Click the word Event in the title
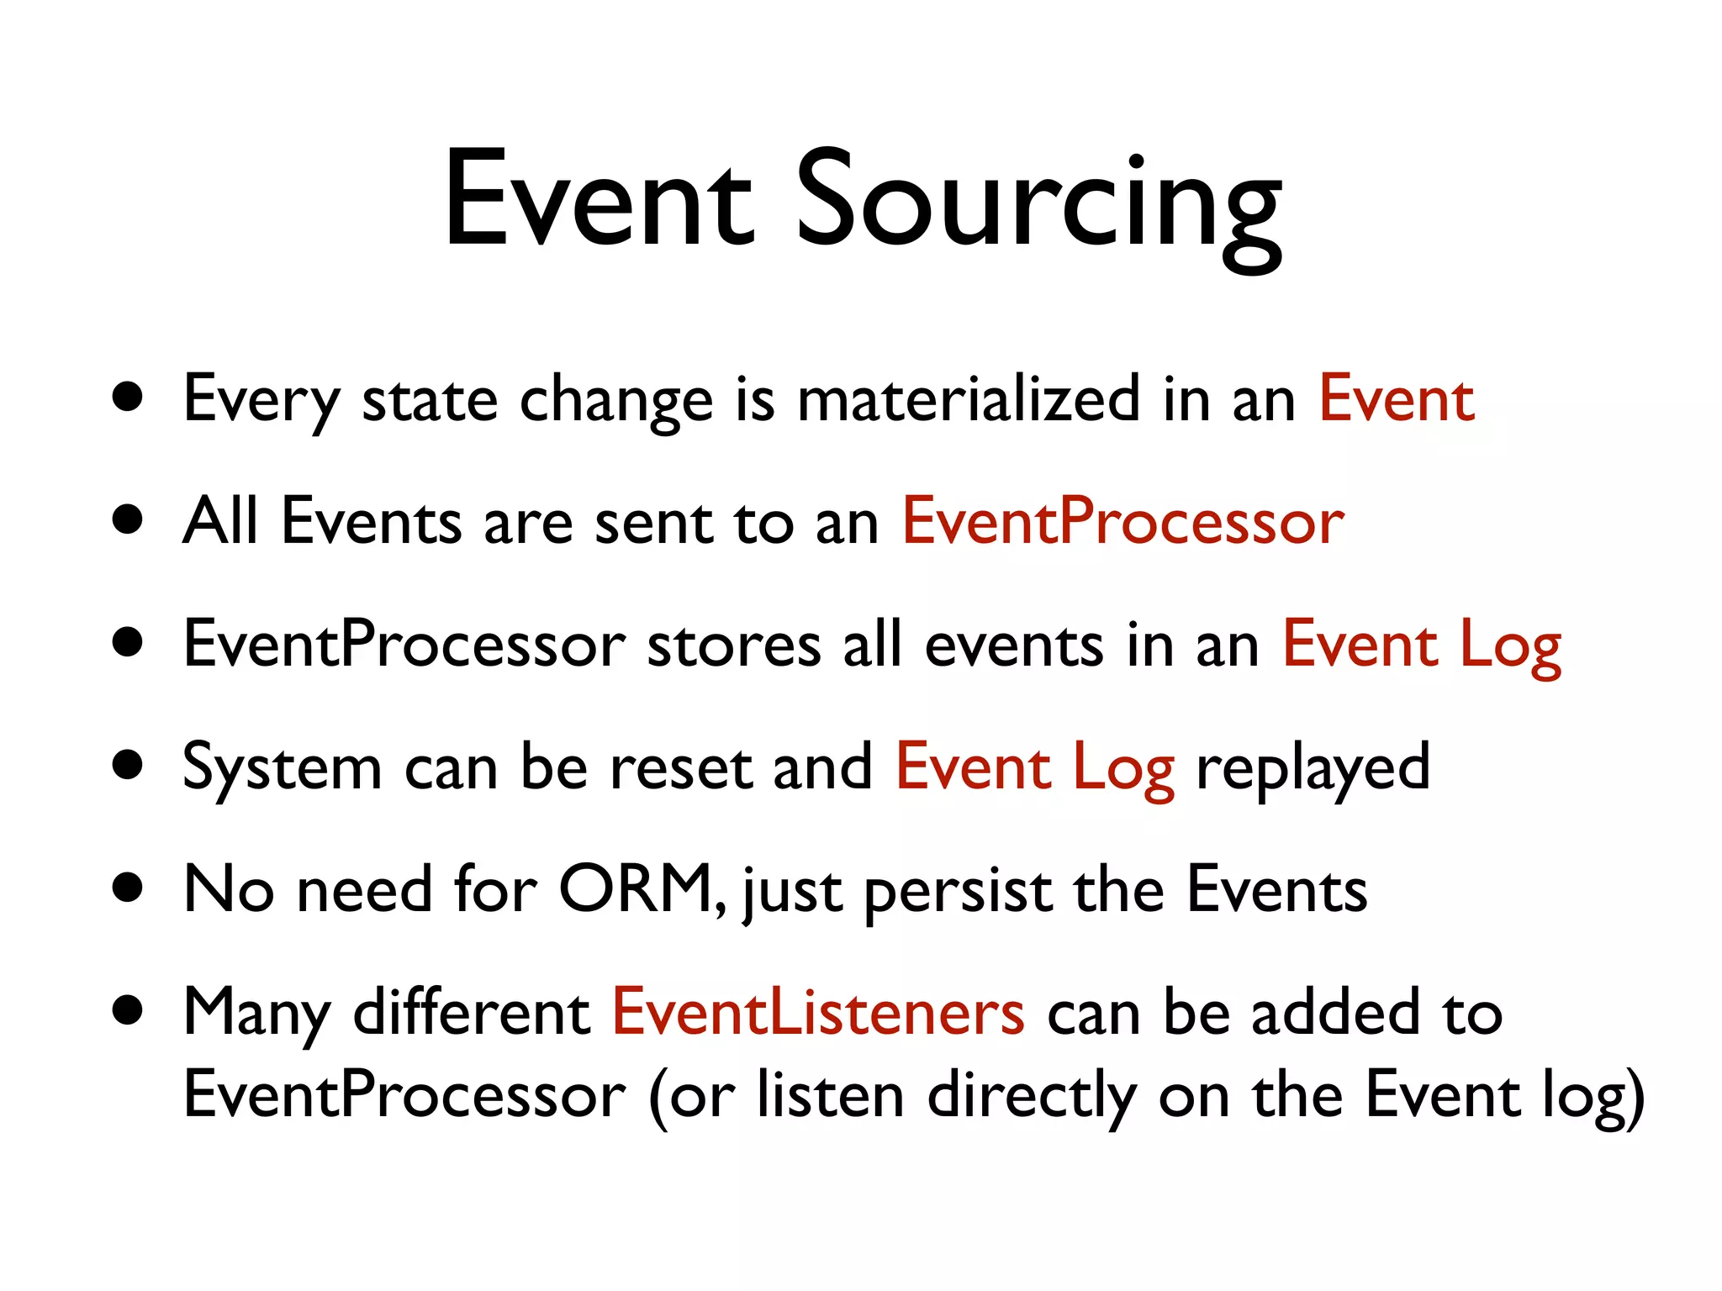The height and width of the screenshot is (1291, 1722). click(598, 202)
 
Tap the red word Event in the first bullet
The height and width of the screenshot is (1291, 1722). click(1396, 399)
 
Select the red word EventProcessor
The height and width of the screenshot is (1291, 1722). click(1123, 522)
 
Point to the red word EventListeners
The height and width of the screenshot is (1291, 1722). click(818, 1012)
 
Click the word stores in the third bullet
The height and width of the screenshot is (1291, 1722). click(734, 645)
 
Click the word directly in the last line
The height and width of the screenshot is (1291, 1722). click(1033, 1097)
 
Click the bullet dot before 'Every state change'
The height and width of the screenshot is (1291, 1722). click(128, 397)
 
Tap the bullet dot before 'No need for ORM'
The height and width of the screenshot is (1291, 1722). click(128, 888)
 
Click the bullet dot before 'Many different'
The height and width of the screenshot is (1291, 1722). click(128, 1010)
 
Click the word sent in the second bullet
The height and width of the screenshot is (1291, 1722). click(653, 522)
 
